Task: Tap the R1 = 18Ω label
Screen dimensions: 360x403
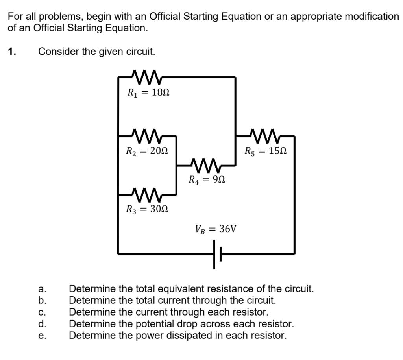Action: pos(148,93)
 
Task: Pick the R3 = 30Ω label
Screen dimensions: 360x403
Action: pos(147,209)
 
